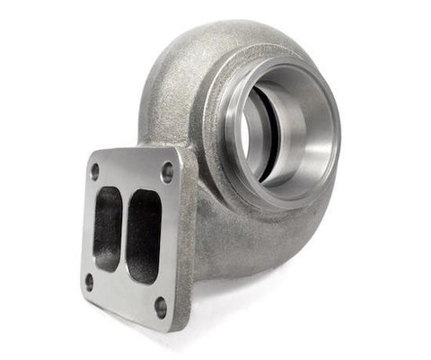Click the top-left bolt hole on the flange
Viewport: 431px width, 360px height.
pyautogui.click(x=95, y=171)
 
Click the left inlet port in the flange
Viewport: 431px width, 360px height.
pyautogui.click(x=108, y=229)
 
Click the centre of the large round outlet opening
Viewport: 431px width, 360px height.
pyautogui.click(x=286, y=135)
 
